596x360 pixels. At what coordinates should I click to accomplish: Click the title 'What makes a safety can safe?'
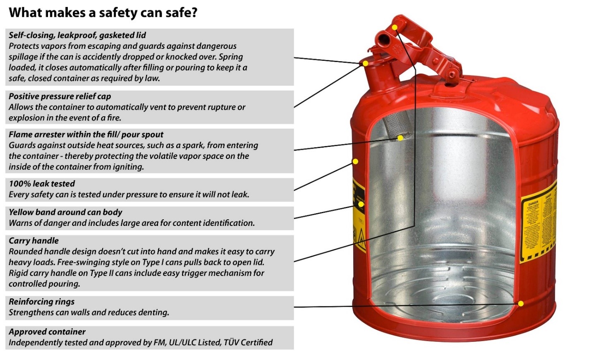coord(103,12)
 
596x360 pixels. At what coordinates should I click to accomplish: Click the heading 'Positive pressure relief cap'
coord(60,96)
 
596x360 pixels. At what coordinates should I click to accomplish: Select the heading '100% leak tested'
coord(42,184)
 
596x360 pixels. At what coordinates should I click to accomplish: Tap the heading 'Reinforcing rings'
coord(41,302)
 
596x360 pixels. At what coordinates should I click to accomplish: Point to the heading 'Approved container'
coord(47,332)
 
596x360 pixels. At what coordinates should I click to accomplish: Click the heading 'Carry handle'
coord(34,241)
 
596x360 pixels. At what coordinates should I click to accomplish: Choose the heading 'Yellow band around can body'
coord(65,212)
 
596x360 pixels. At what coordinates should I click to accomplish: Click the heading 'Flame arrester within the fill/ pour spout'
coord(86,134)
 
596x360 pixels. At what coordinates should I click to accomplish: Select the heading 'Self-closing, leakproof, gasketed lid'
coord(77,35)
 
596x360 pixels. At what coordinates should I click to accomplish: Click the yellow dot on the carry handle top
coord(395,27)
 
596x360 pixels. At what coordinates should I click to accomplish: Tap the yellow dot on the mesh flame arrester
coord(400,138)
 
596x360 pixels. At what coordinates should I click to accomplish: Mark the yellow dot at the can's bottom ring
coord(521,304)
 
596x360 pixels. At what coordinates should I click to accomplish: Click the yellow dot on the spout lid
coord(366,63)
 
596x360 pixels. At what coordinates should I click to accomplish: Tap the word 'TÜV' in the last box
coord(231,343)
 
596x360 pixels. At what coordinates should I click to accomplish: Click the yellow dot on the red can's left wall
coord(355,161)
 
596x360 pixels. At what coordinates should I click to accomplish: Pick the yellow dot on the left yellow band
coord(361,204)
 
